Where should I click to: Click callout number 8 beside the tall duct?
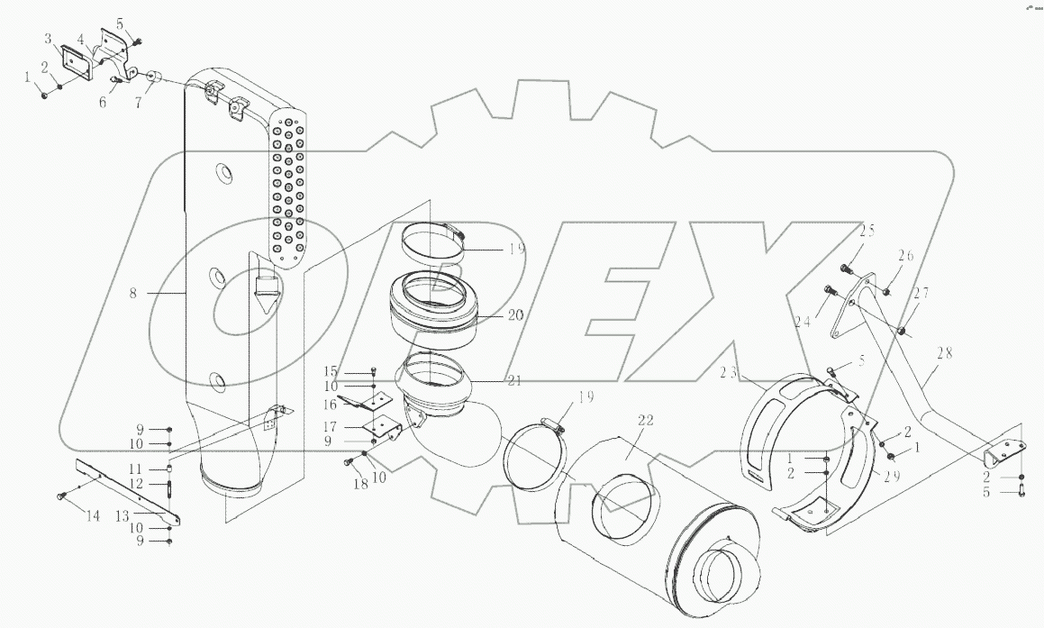[x=133, y=292]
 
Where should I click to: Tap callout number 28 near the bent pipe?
[x=943, y=352]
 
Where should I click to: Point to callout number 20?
[x=515, y=315]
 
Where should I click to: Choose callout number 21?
[x=514, y=381]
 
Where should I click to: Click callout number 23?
[x=729, y=372]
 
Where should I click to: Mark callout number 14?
[x=93, y=515]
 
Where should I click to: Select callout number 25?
[x=867, y=231]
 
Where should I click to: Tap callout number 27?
[x=921, y=292]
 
